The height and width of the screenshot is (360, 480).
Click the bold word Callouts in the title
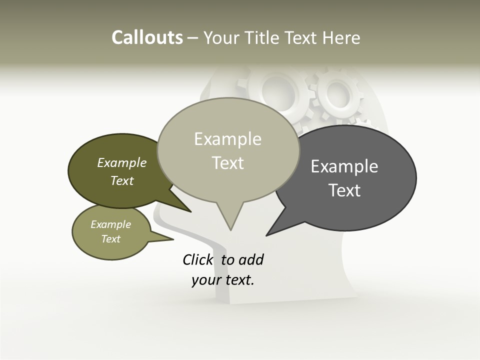pyautogui.click(x=147, y=37)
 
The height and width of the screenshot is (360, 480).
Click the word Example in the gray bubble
pyautogui.click(x=344, y=166)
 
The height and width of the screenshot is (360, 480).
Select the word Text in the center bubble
pyautogui.click(x=228, y=163)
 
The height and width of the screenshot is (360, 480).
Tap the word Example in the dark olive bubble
pyautogui.click(x=122, y=162)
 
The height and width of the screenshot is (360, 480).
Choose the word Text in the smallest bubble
pyautogui.click(x=111, y=239)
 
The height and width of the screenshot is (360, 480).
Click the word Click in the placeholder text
pyautogui.click(x=198, y=259)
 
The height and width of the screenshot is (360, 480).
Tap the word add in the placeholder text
pyautogui.click(x=251, y=259)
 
